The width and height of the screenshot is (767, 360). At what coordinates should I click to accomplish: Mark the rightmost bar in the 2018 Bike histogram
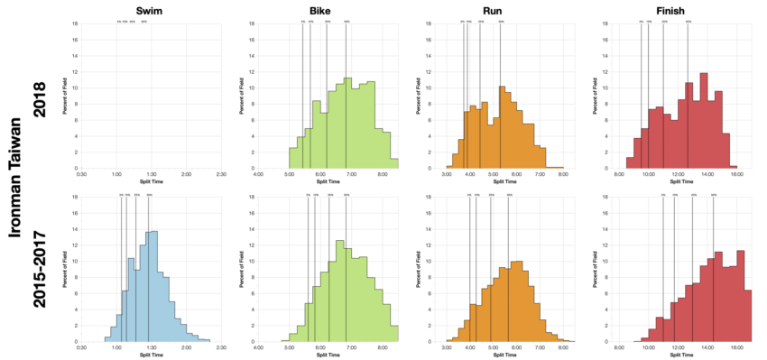(394, 163)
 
